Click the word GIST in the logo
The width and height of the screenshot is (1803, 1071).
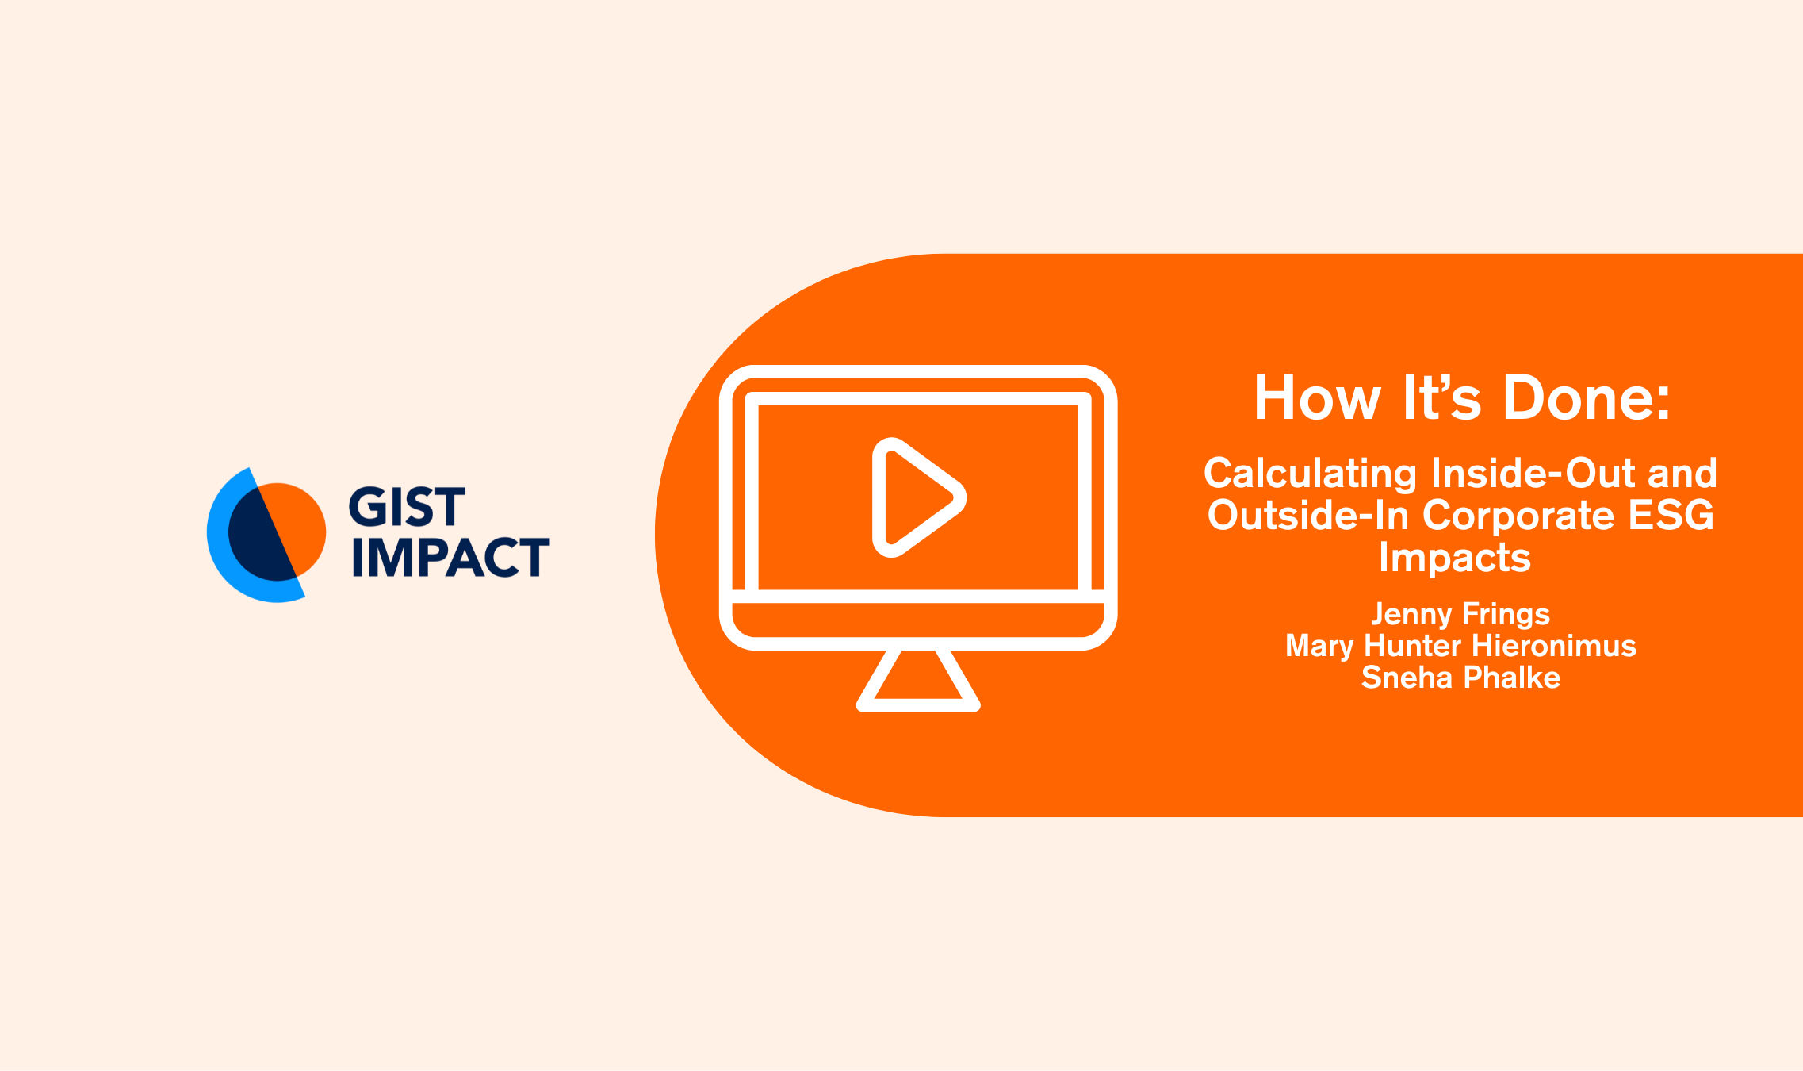point(406,508)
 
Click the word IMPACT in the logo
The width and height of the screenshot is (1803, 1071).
point(450,557)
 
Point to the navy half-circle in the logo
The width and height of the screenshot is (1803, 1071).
point(255,536)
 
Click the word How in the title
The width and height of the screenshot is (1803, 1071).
point(1317,398)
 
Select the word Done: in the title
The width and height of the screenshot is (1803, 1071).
point(1587,398)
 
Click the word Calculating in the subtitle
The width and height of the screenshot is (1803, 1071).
point(1310,474)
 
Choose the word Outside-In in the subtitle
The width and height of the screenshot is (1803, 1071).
point(1307,516)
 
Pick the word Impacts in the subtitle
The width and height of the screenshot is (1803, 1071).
point(1455,558)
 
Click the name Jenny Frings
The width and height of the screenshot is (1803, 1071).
point(1460,615)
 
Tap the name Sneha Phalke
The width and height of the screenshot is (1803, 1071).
point(1460,678)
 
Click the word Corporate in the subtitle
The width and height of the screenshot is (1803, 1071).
point(1518,516)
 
